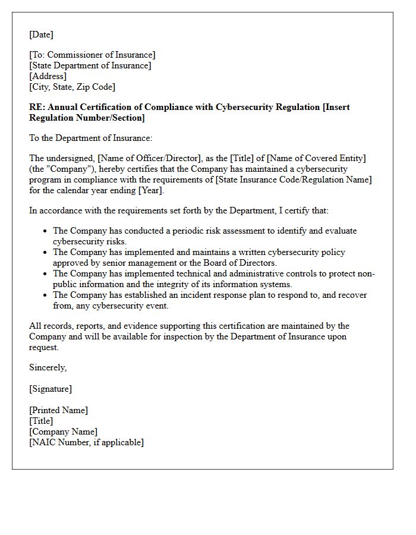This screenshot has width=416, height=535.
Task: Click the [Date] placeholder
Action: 41,34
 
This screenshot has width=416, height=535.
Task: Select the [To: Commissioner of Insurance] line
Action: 92,55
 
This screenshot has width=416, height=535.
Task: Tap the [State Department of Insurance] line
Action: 90,65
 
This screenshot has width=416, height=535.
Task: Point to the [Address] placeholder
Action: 48,76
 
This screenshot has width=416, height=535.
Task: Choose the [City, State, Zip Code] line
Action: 72,87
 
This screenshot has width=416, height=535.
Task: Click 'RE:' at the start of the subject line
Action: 37,107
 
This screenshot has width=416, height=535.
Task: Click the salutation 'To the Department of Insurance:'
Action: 91,138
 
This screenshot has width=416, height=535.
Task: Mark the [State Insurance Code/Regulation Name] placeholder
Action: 298,180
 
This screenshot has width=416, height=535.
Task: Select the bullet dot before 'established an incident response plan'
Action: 45,295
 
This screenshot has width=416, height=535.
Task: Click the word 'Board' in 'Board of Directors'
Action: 201,263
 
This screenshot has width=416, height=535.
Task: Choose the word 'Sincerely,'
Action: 48,367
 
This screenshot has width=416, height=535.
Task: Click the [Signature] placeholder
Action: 51,389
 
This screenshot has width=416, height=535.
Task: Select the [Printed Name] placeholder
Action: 58,410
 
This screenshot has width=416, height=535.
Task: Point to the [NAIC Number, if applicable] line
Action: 86,442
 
